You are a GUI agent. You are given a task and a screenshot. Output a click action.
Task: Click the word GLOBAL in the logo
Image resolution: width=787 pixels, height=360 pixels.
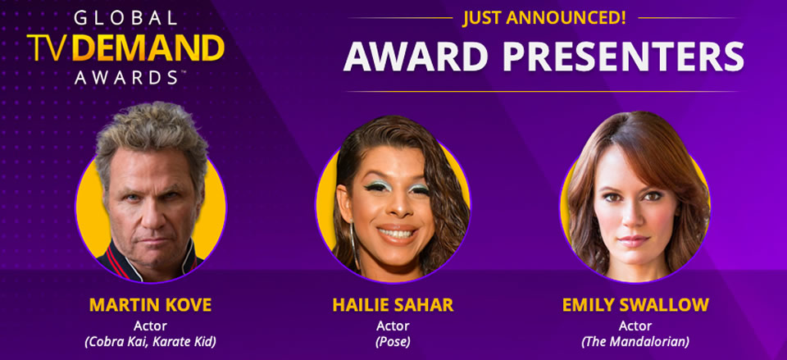point(125,19)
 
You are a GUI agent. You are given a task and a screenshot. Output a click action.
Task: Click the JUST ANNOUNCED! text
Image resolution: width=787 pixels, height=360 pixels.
point(544,19)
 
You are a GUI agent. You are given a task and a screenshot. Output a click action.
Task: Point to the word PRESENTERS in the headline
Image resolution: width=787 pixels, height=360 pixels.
point(623,56)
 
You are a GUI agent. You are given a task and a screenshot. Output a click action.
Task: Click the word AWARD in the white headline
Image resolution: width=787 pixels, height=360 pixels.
point(416,56)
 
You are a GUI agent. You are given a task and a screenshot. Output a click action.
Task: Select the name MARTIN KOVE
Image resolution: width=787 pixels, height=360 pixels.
point(151,305)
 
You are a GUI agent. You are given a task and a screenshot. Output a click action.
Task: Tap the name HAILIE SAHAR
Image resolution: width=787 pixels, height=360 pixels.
point(393,305)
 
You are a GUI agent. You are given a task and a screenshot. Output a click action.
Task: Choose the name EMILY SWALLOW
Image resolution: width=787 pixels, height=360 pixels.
point(635,305)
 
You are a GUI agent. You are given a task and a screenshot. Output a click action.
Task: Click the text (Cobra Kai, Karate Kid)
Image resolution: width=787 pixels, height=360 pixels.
point(151,343)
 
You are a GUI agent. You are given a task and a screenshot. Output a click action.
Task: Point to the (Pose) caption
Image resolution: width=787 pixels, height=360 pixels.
point(393,343)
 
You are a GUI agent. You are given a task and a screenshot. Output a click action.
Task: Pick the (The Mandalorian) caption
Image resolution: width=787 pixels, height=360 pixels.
point(635,343)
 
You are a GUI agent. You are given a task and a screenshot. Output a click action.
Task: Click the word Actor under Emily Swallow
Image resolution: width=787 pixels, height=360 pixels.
point(635,326)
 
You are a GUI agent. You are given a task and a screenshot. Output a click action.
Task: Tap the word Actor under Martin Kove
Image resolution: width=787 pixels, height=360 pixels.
point(151,326)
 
